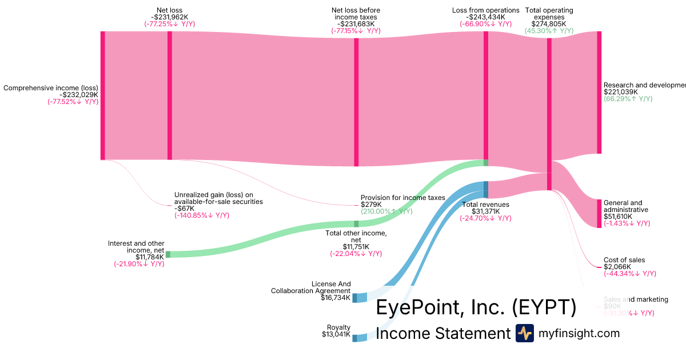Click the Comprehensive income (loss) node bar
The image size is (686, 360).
pyautogui.click(x=103, y=95)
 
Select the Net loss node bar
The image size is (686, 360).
pyautogui.click(x=170, y=95)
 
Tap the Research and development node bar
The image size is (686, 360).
pyautogui.click(x=599, y=92)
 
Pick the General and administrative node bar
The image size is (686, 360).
pyautogui.click(x=599, y=214)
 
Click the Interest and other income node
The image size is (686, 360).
pyautogui.click(x=168, y=254)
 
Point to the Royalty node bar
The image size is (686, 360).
pyautogui.click(x=354, y=338)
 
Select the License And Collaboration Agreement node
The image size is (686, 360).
pyautogui.click(x=354, y=298)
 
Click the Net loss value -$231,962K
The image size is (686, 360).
pyautogui.click(x=170, y=17)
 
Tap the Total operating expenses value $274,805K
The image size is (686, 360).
pyautogui.click(x=549, y=24)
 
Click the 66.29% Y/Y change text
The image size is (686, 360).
pyautogui.click(x=628, y=99)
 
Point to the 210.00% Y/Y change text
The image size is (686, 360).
pyautogui.click(x=386, y=211)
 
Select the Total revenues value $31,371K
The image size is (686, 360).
pyautogui.click(x=485, y=211)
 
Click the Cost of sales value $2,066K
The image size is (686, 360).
pyautogui.click(x=617, y=267)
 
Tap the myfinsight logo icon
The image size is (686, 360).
pyautogui.click(x=524, y=333)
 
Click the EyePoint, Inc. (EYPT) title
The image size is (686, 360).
pyautogui.click(x=476, y=307)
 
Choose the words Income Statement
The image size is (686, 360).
pyautogui.click(x=443, y=334)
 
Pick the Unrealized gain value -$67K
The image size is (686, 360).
pyautogui.click(x=184, y=209)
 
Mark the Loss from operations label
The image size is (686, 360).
pyautogui.click(x=485, y=10)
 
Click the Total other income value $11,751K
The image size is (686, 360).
pyautogui.click(x=356, y=246)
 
